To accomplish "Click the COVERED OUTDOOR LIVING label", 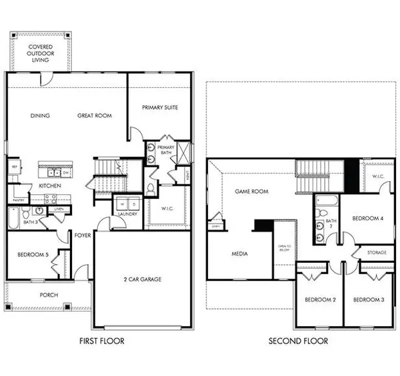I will pyautogui.click(x=41, y=53).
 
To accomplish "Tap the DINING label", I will pyautogui.click(x=41, y=116).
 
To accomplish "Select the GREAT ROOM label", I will pyautogui.click(x=94, y=116).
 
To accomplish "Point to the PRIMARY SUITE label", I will pyautogui.click(x=160, y=107).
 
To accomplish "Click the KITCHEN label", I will pyautogui.click(x=51, y=186).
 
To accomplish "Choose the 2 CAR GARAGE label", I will pyautogui.click(x=143, y=280).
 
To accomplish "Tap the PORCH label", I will pyautogui.click(x=49, y=295).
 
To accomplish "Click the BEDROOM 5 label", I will pyautogui.click(x=28, y=255).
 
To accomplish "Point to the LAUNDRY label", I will pyautogui.click(x=127, y=214).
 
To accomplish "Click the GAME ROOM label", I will pyautogui.click(x=251, y=191).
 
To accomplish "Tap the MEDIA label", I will pyautogui.click(x=240, y=254).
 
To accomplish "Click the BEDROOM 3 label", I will pyautogui.click(x=369, y=300).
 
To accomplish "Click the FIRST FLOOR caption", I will pyautogui.click(x=101, y=341).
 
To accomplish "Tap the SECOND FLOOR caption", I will pyautogui.click(x=298, y=341).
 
